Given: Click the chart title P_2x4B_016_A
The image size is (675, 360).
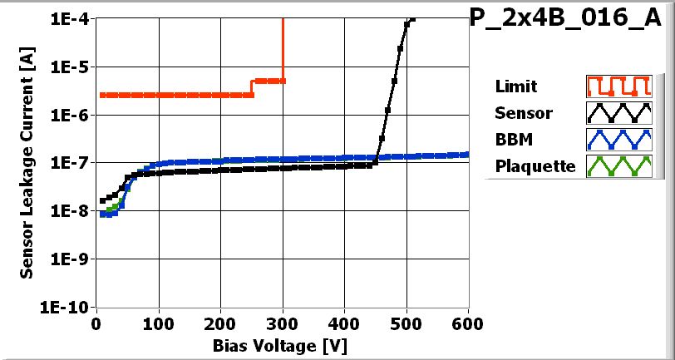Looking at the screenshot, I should (570, 18).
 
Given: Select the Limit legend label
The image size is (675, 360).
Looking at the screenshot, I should (515, 86).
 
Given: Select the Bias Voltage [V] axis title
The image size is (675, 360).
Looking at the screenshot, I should (279, 343).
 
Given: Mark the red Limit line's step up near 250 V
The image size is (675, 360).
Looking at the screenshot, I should (252, 87).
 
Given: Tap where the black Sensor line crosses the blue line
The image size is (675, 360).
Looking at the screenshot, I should (376, 157).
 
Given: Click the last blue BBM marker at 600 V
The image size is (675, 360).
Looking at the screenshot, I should (467, 154).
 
